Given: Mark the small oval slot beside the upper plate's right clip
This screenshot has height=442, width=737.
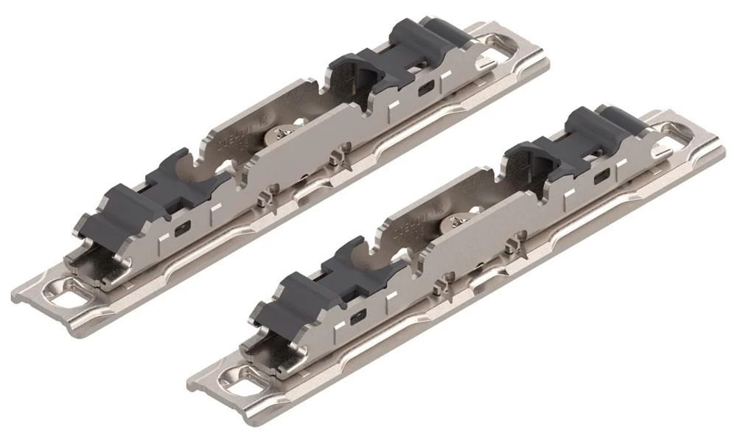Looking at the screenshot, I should pos(425,87).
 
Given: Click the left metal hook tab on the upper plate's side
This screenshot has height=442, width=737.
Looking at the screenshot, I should pos(261,200).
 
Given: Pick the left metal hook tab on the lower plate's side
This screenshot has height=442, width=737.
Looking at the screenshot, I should pos(442,286).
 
